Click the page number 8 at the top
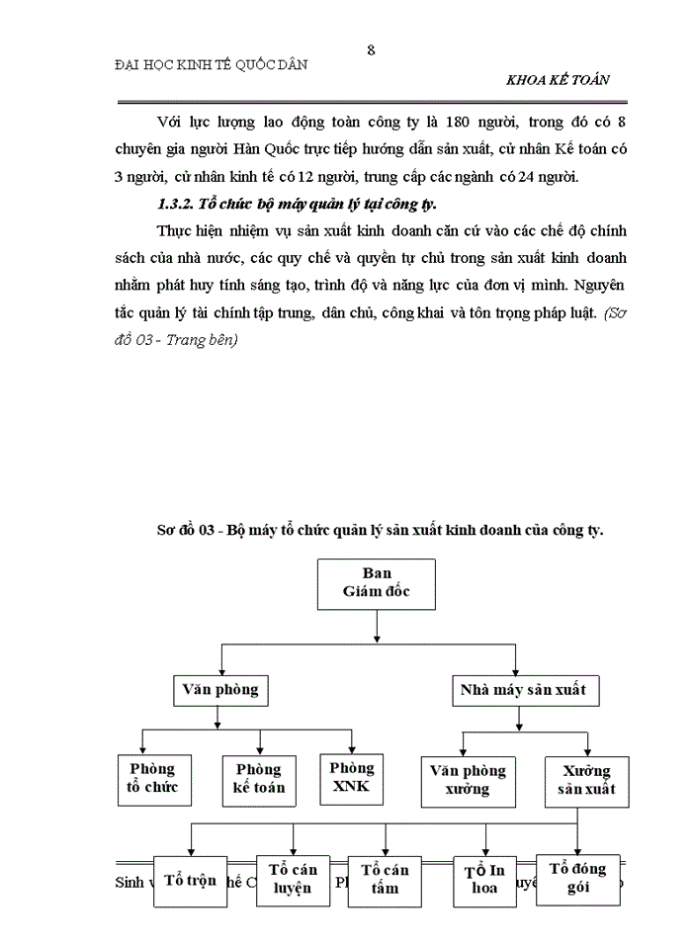pos(371,49)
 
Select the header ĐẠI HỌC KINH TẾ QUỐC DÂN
pos(212,64)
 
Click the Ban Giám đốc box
pos(377,583)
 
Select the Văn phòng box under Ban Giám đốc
pos(220,688)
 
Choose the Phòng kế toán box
pos(259,778)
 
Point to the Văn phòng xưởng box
pos(468,779)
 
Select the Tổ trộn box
pos(191,879)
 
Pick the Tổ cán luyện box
pos(293,878)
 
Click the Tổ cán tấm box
pos(385,879)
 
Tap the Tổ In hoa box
pos(484,879)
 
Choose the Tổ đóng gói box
pos(578,878)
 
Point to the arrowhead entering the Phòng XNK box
pos(352,749)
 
